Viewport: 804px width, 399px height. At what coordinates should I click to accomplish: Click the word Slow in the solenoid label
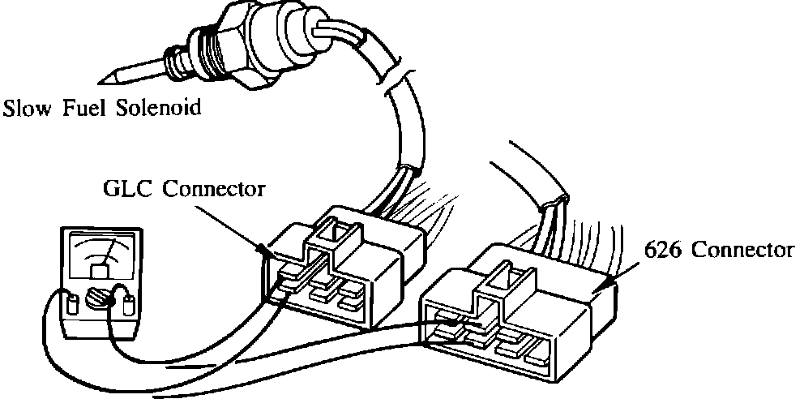click(x=24, y=108)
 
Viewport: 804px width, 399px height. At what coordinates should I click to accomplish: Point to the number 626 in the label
click(x=661, y=250)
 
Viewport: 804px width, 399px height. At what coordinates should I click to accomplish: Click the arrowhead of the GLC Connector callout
click(x=268, y=252)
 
